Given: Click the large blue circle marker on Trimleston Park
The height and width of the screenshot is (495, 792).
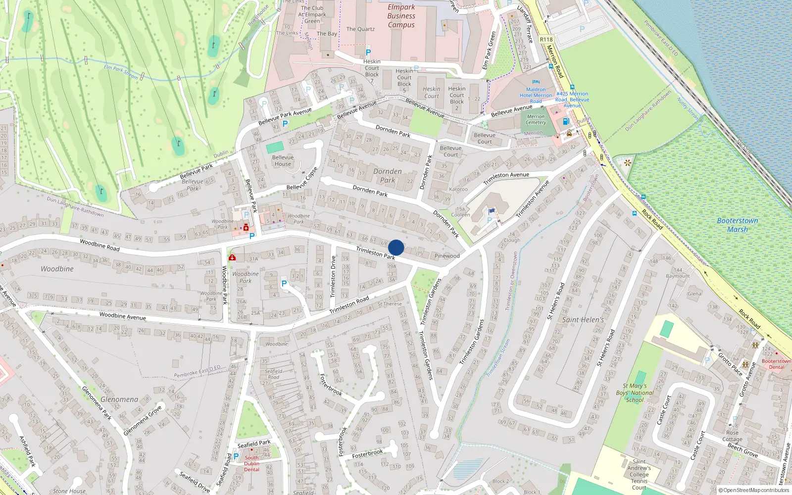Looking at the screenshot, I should tap(396, 247).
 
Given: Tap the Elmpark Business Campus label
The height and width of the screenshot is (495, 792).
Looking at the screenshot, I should tap(401, 16).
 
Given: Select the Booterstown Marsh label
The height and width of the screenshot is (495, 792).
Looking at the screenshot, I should tap(738, 225).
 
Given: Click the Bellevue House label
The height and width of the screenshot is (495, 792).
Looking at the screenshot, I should tap(283, 160).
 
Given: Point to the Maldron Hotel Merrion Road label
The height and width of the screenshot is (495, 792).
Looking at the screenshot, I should tap(536, 95).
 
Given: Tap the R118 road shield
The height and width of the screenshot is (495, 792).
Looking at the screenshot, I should tap(546, 40).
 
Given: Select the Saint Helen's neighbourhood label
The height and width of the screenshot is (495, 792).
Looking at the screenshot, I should tap(583, 320).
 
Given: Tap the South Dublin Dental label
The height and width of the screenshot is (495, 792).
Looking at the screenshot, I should tap(251, 463).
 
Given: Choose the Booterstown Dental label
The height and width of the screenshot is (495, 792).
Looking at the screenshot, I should tap(776, 364).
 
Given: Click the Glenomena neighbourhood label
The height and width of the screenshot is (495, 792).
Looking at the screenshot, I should tap(119, 399).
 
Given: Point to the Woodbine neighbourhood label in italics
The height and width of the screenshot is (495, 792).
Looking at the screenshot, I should tap(57, 269).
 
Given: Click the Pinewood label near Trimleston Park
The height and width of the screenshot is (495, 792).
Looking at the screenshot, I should tap(447, 256).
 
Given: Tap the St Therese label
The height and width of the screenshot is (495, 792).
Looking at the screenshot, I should tap(390, 303).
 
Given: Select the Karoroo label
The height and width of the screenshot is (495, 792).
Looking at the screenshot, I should tap(458, 189).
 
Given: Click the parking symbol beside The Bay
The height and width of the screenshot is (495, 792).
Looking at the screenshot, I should tap(368, 52).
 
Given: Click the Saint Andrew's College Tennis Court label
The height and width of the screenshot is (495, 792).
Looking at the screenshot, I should tap(639, 474).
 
